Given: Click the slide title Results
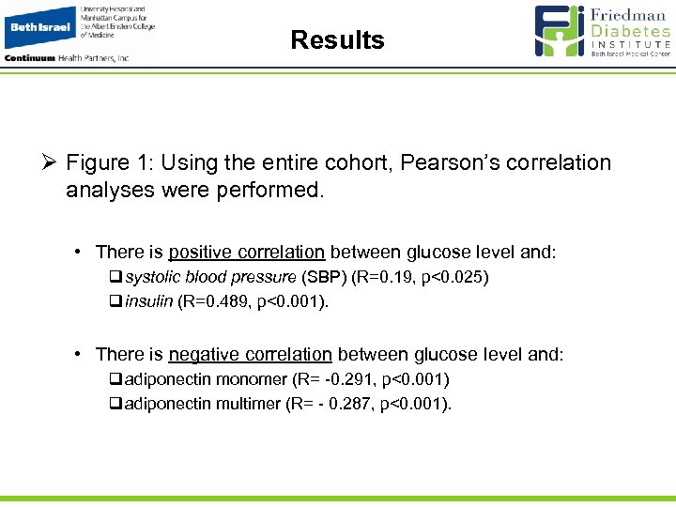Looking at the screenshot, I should pyautogui.click(x=337, y=40).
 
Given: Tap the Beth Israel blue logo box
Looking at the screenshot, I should pyautogui.click(x=39, y=27).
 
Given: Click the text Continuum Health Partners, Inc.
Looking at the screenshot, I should pyautogui.click(x=67, y=57).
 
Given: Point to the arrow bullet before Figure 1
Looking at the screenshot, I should pyautogui.click(x=48, y=163).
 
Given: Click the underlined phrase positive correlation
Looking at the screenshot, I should pyautogui.click(x=247, y=253).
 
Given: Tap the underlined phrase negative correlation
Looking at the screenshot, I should pyautogui.click(x=250, y=355).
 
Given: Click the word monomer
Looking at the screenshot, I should pyautogui.click(x=251, y=379).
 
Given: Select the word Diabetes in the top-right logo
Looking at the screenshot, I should pyautogui.click(x=631, y=30).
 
